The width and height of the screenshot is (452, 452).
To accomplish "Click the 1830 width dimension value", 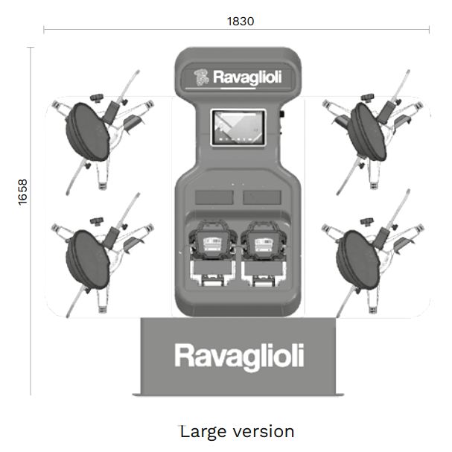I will point(240,21).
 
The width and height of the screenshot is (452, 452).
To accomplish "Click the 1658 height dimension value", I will point(22,193).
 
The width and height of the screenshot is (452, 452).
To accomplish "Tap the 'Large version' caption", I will point(237,431).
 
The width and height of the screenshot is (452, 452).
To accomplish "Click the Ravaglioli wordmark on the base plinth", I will point(239,356).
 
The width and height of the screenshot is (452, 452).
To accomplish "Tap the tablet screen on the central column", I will point(239,127).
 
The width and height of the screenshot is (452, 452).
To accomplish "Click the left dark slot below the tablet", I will point(211,197).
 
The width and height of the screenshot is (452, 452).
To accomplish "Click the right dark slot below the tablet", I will point(262,197).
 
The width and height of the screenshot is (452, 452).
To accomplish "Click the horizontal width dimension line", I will point(149,30).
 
